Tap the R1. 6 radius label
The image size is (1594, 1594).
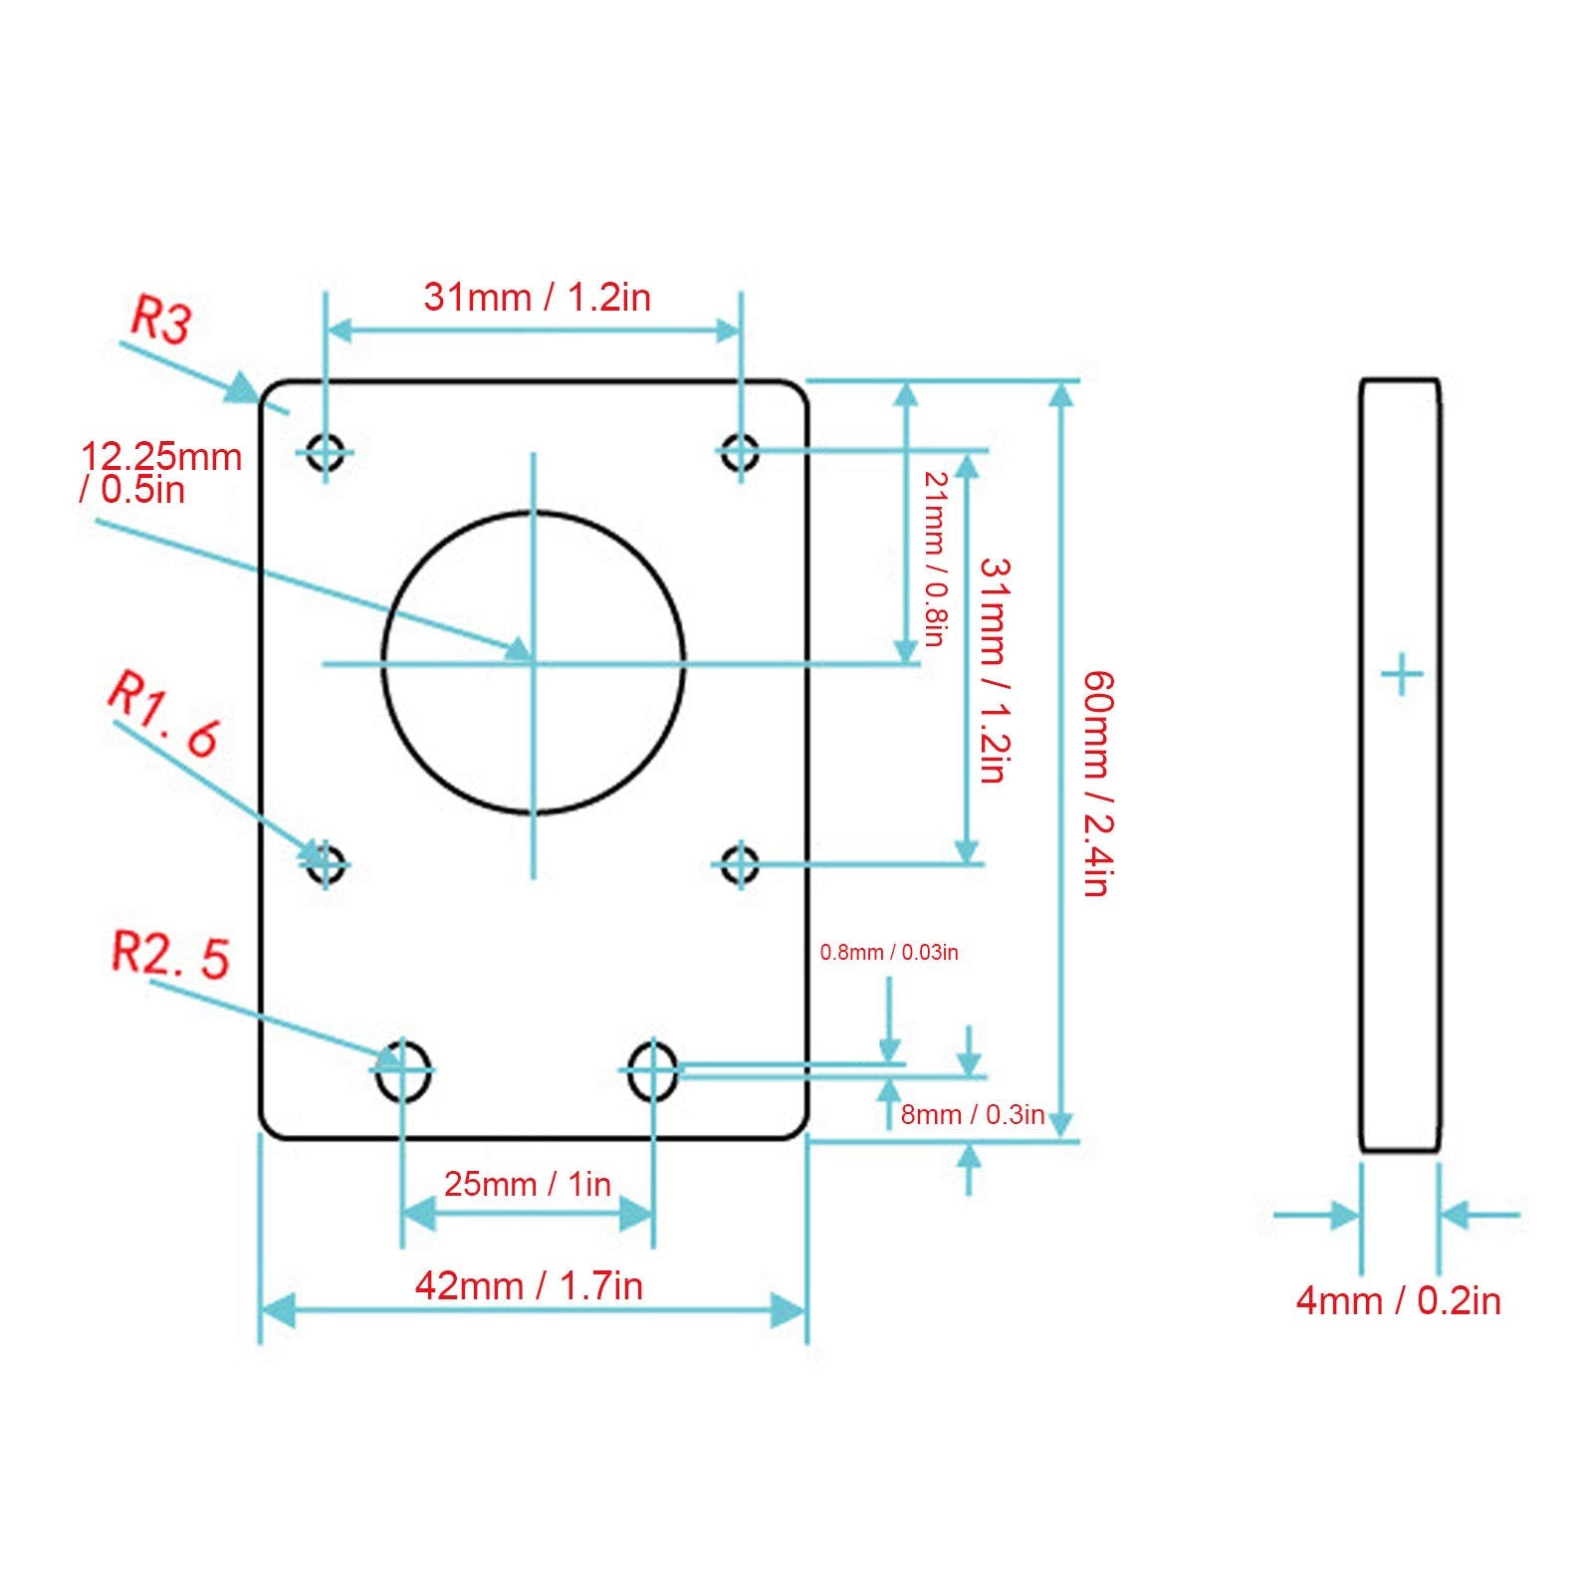(163, 714)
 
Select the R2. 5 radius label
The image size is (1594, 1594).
(170, 954)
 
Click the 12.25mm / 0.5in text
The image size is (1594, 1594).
(160, 472)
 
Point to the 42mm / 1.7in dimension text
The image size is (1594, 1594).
(529, 1285)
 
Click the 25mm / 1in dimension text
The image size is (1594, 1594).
(527, 1184)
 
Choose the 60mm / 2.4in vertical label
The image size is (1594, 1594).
(1097, 784)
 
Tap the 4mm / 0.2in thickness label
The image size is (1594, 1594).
(1398, 1300)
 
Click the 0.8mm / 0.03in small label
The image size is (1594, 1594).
(889, 952)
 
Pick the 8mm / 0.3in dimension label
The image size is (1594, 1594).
(973, 1114)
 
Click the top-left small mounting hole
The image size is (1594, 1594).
(326, 451)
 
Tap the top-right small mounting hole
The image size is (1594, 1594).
(740, 451)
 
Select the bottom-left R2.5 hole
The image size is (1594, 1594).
(403, 1070)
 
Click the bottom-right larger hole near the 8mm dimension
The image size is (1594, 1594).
(653, 1070)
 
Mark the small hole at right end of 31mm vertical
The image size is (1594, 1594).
(740, 863)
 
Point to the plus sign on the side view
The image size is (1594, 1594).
(1402, 676)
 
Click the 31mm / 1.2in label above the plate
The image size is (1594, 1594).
(537, 297)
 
